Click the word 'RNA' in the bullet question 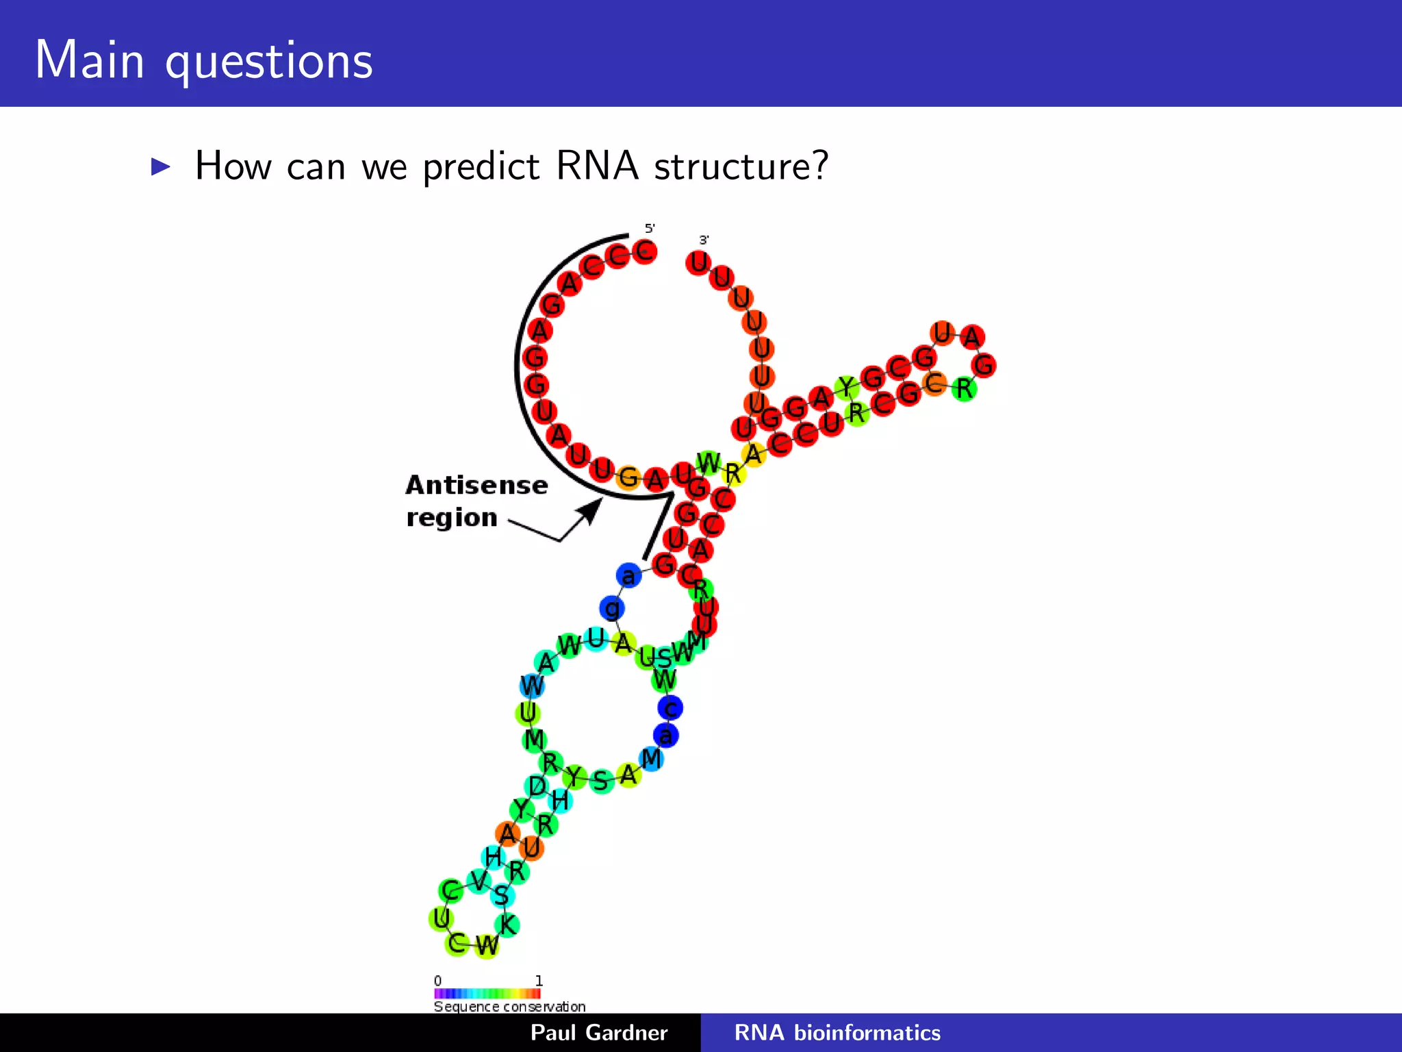[x=596, y=166]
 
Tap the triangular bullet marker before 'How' [x=160, y=166]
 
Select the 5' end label [x=650, y=228]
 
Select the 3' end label [x=704, y=240]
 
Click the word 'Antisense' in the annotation [x=476, y=485]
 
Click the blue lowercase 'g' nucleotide [x=612, y=608]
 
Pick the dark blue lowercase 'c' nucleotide [x=670, y=707]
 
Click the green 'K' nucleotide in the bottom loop [x=507, y=925]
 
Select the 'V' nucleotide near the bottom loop [x=479, y=880]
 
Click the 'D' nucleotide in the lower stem [x=537, y=786]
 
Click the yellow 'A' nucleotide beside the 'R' [x=753, y=454]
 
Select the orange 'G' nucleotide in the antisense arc [x=628, y=477]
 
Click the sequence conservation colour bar [x=487, y=993]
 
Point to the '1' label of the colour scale [x=539, y=980]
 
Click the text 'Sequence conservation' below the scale [x=509, y=1006]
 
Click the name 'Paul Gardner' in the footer [x=598, y=1032]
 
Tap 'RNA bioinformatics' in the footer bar [x=837, y=1032]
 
